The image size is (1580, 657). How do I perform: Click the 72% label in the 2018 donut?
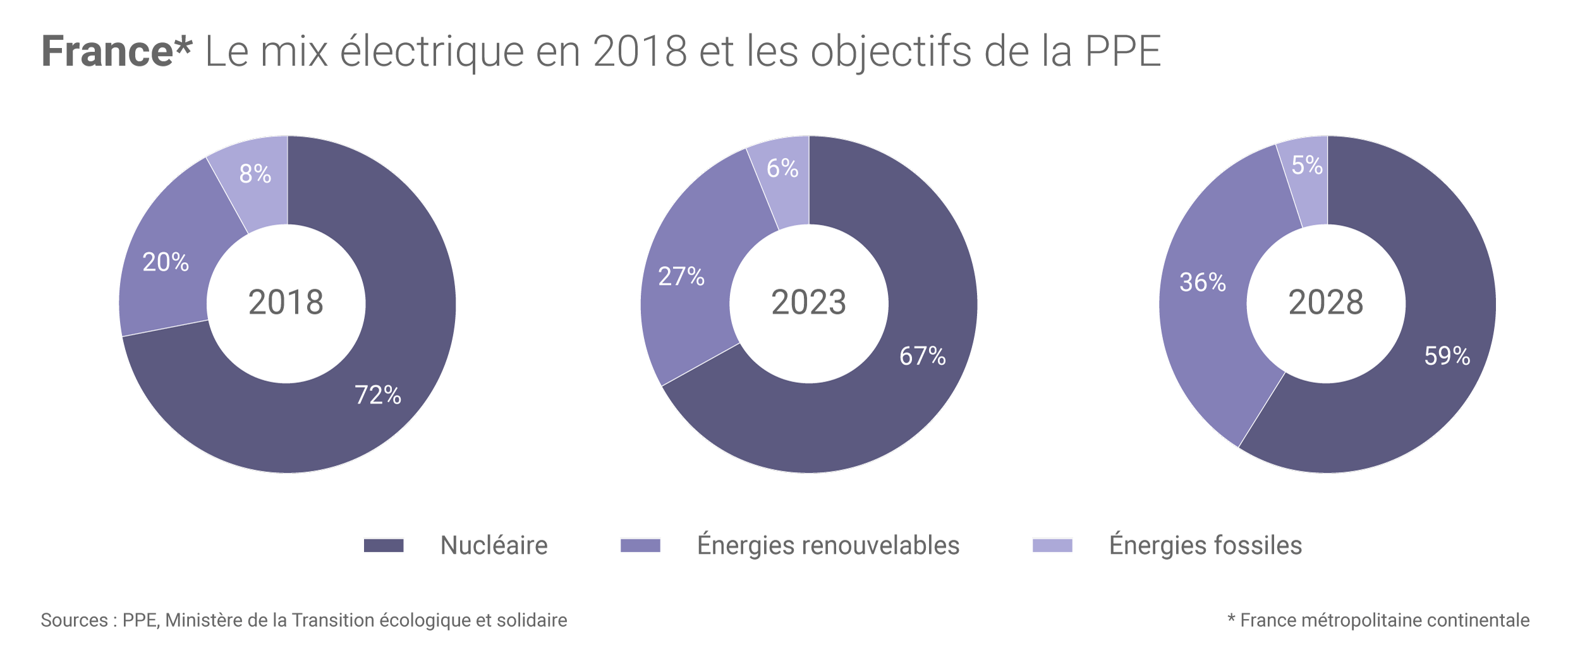click(x=378, y=395)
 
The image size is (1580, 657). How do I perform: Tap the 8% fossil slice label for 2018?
click(x=255, y=174)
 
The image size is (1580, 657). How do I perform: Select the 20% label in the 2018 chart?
click(x=166, y=262)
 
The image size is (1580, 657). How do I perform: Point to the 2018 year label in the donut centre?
click(x=286, y=303)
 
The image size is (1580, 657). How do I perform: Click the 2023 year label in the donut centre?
click(x=808, y=303)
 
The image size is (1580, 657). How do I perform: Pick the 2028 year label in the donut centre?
click(x=1326, y=303)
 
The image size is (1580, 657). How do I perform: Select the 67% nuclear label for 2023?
click(x=923, y=356)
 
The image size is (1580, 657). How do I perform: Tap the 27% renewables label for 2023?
click(x=681, y=277)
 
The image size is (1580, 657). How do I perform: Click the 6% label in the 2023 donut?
click(x=782, y=168)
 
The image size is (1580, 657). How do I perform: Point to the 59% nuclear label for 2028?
click(x=1447, y=356)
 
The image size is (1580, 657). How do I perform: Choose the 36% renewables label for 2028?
click(x=1203, y=282)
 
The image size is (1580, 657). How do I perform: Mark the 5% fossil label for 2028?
click(x=1307, y=166)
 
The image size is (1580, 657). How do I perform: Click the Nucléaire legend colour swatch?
click(x=384, y=545)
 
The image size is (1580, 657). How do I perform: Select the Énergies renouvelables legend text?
click(x=828, y=545)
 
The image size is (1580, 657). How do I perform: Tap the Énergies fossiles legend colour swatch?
click(x=1052, y=545)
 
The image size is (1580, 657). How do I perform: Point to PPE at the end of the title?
click(x=1123, y=51)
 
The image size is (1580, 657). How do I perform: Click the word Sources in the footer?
click(x=75, y=620)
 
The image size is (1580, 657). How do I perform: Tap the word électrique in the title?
click(x=432, y=51)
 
